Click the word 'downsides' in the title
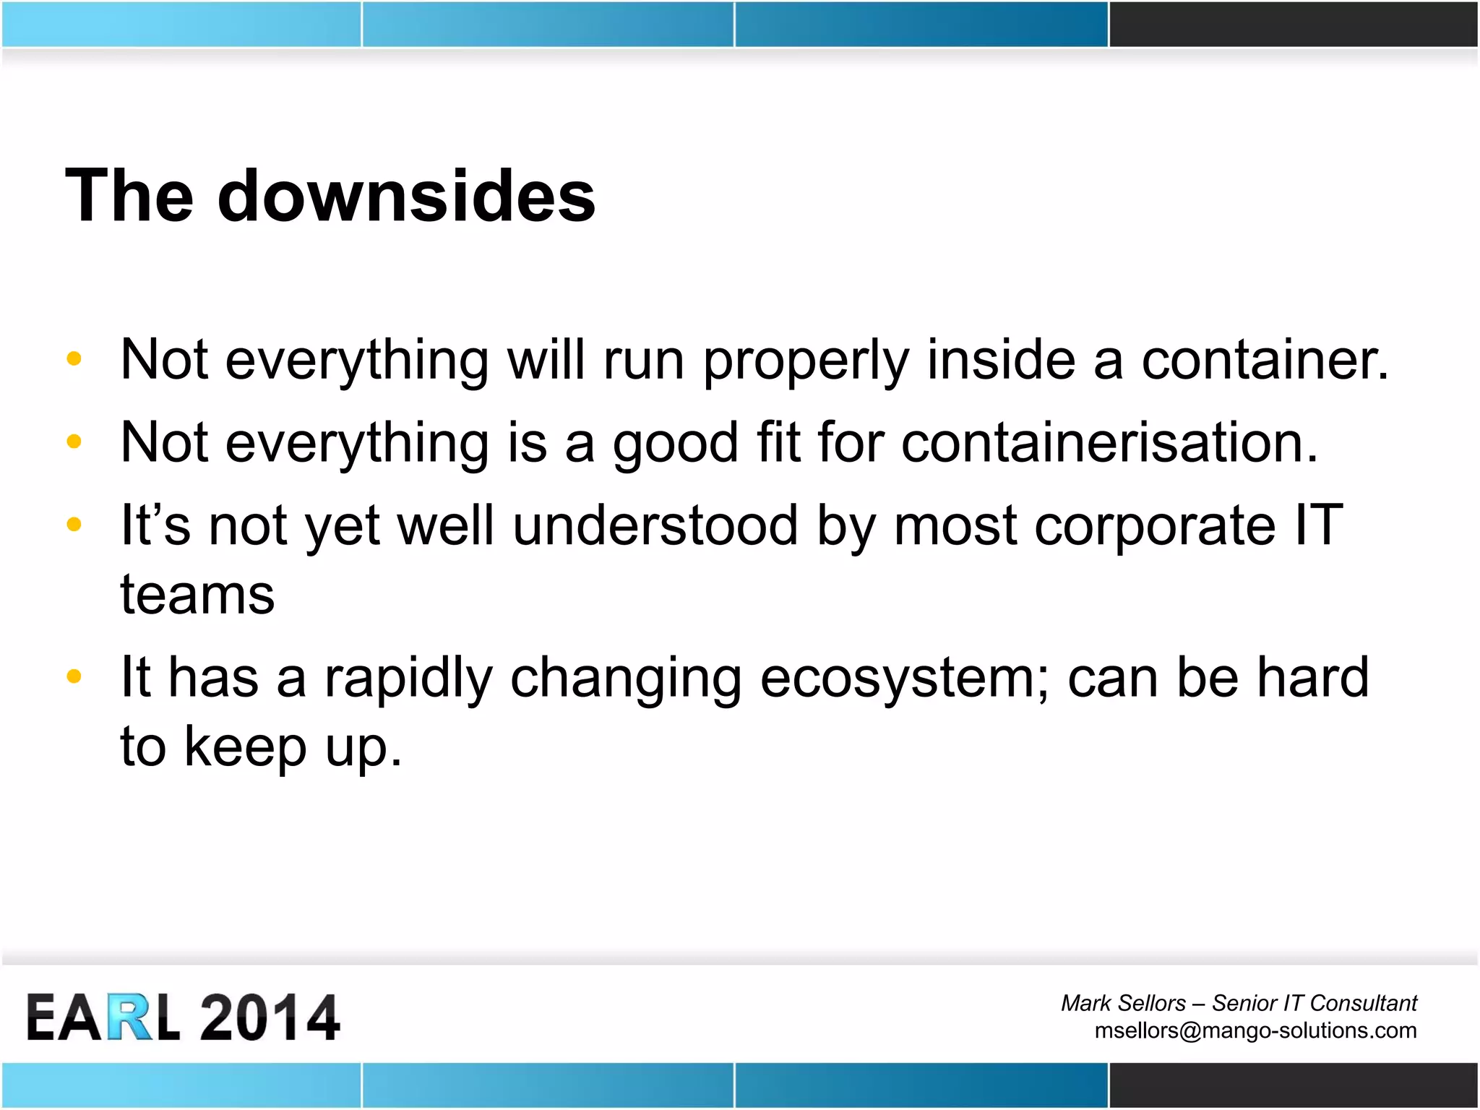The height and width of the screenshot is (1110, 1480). tap(406, 197)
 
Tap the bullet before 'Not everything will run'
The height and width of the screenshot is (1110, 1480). tap(74, 359)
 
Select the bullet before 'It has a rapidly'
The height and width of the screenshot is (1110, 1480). tap(74, 677)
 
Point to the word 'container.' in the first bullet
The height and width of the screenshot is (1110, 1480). tap(1265, 361)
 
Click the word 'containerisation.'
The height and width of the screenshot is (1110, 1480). tap(1109, 443)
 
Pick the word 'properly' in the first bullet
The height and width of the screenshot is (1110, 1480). tap(806, 362)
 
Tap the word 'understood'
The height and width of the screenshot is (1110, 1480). tap(655, 526)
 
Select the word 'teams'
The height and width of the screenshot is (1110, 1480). tap(197, 596)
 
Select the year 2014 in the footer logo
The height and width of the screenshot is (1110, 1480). tap(269, 1017)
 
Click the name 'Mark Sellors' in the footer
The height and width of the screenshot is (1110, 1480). tap(1123, 1003)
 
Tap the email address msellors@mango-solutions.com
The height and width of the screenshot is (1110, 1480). tap(1255, 1031)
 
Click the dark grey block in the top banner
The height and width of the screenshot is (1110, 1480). tap(1294, 24)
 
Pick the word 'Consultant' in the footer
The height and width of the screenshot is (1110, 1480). tap(1363, 1003)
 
